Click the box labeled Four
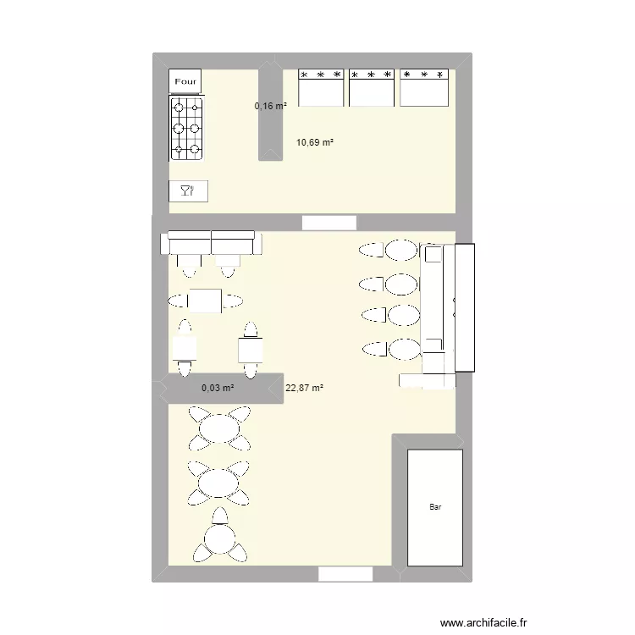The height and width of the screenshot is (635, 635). [185, 81]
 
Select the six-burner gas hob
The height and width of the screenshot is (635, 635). [187, 129]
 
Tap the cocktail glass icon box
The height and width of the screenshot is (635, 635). [188, 191]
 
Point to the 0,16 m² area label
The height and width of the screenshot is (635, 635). [271, 106]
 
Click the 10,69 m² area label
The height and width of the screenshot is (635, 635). [314, 143]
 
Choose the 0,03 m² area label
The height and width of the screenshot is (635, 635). [218, 388]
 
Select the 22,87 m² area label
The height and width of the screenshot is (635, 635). [305, 388]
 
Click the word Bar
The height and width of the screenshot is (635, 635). [435, 508]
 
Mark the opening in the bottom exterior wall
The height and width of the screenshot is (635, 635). [345, 575]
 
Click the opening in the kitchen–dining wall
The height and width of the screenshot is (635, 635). [329, 223]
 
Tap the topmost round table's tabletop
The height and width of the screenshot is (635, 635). [219, 428]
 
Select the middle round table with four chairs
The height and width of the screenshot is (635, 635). [219, 483]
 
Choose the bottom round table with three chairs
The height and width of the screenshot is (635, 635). [219, 538]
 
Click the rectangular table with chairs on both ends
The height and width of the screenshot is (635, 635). [205, 301]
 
